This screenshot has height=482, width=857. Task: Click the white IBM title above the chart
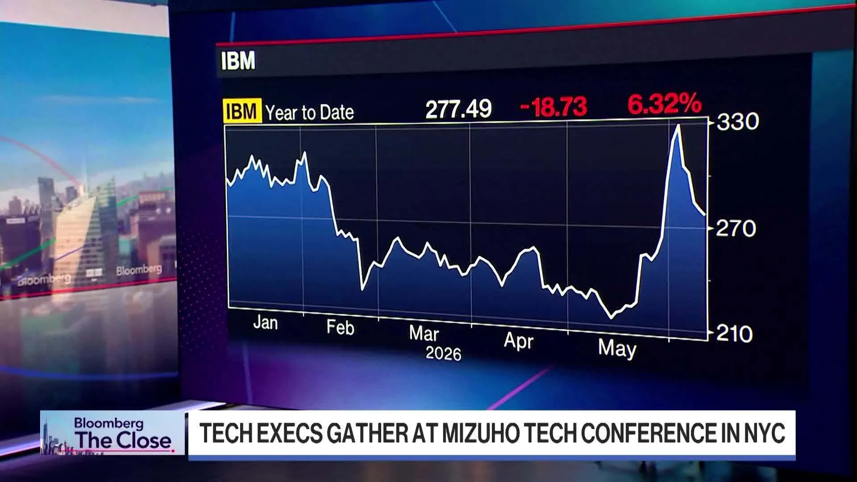pyautogui.click(x=238, y=61)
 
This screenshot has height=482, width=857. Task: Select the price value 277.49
pyautogui.click(x=458, y=109)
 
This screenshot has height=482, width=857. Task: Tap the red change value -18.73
pyautogui.click(x=553, y=107)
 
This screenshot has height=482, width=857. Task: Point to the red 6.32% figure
pyautogui.click(x=665, y=104)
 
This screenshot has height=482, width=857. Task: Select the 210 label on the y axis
pyautogui.click(x=734, y=334)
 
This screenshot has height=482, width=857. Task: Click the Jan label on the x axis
pyautogui.click(x=266, y=322)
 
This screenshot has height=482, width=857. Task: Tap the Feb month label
pyautogui.click(x=340, y=328)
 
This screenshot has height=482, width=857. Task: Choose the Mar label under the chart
pyautogui.click(x=424, y=333)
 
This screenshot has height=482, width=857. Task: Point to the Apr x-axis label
pyautogui.click(x=519, y=341)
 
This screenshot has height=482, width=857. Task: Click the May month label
pyautogui.click(x=617, y=348)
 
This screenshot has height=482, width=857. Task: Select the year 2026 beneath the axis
pyautogui.click(x=443, y=353)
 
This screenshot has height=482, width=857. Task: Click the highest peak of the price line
pyautogui.click(x=678, y=125)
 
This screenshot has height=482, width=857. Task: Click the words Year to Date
pyautogui.click(x=309, y=112)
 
